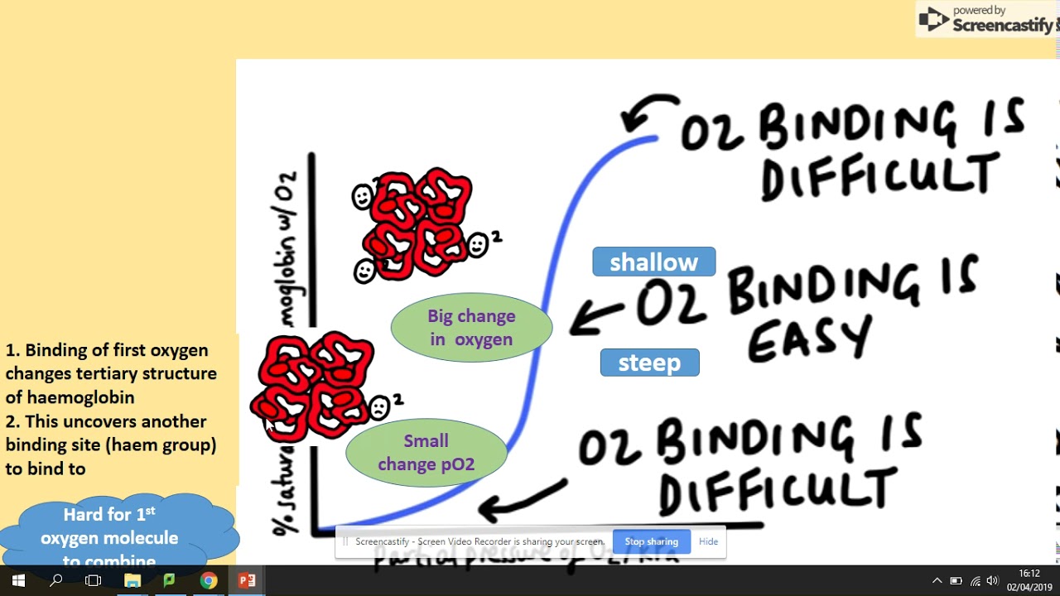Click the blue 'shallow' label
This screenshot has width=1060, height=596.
click(653, 262)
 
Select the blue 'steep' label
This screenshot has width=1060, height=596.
click(649, 363)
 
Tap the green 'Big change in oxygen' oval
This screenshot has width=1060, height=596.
click(471, 328)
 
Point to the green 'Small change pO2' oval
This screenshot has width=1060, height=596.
click(426, 453)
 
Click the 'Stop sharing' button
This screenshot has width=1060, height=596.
click(651, 541)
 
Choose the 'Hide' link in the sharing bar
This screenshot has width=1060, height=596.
click(708, 541)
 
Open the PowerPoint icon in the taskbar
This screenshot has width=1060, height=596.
click(247, 580)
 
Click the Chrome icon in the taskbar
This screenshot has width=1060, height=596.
click(208, 580)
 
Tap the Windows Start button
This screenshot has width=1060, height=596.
click(18, 580)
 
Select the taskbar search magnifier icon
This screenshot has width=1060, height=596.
click(55, 580)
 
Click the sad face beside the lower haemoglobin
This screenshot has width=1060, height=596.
click(379, 407)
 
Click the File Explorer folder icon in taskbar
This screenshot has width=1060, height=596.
click(132, 580)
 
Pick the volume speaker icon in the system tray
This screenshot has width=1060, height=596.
click(992, 580)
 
